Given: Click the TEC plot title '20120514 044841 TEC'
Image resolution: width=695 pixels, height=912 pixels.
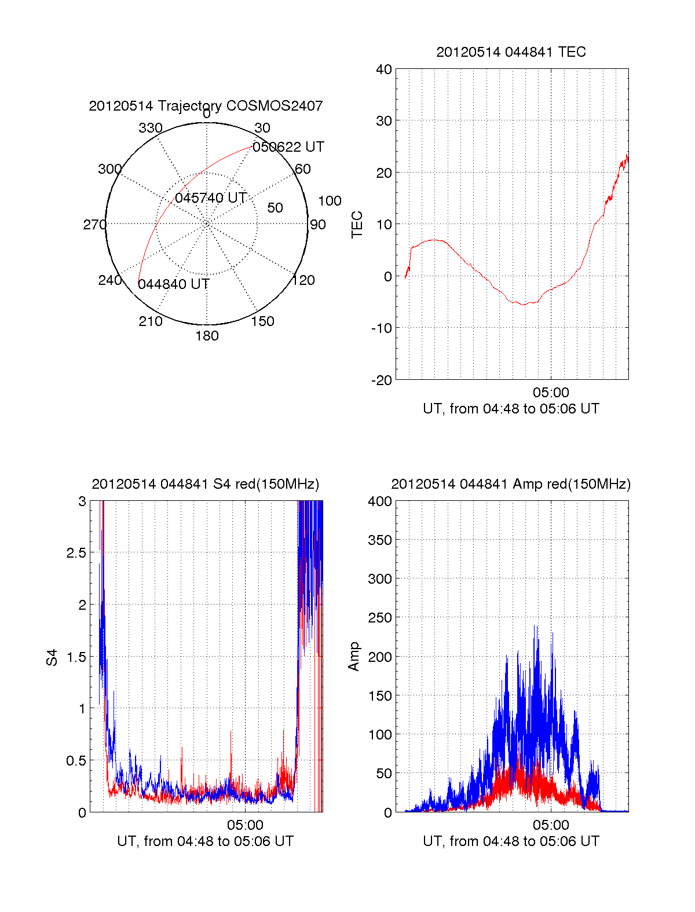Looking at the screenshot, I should click(x=511, y=52).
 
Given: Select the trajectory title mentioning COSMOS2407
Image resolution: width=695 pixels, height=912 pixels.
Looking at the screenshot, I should click(x=206, y=106).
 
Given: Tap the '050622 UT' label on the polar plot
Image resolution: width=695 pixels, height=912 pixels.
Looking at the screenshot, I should click(x=288, y=147).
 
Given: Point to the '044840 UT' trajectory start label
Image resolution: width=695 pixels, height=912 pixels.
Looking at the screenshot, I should click(x=173, y=284).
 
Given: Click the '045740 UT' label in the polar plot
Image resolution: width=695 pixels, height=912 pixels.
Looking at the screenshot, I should click(x=211, y=198).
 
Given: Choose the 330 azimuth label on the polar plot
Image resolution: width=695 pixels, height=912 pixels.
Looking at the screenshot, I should click(x=151, y=128).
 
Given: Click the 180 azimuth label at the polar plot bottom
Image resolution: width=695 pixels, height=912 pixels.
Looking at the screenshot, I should click(x=207, y=336).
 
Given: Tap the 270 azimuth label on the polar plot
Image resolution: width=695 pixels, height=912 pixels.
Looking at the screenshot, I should click(x=94, y=225).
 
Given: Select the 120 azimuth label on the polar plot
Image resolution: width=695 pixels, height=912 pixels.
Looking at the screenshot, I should click(x=303, y=280).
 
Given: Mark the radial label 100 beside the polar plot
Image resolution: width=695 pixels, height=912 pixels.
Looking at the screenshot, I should click(x=330, y=201).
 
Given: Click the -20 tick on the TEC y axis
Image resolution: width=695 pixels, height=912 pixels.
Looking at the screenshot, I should click(x=382, y=380).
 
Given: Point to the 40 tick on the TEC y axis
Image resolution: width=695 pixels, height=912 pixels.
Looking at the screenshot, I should click(x=384, y=69).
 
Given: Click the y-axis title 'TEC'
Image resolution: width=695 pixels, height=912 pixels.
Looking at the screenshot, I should click(x=357, y=225).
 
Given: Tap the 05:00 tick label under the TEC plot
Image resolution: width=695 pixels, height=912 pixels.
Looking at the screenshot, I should click(x=551, y=393).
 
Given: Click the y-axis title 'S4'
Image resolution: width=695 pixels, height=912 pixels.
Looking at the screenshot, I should click(x=52, y=658).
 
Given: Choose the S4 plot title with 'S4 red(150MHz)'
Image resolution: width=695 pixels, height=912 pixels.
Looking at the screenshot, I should click(x=206, y=484).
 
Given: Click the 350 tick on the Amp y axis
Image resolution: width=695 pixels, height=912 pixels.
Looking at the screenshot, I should click(x=380, y=540).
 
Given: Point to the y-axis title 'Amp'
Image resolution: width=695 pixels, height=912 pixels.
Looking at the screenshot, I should click(x=354, y=657).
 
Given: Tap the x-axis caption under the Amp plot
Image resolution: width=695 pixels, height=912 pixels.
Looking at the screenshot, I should click(x=511, y=841).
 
